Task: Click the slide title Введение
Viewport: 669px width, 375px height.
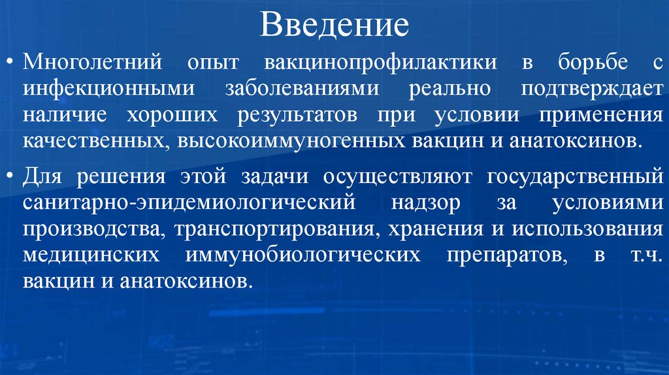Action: coord(334,25)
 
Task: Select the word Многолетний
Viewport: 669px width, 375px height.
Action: coord(92,63)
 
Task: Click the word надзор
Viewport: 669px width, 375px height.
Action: coord(425,203)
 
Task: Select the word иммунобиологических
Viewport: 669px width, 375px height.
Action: coord(302,254)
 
